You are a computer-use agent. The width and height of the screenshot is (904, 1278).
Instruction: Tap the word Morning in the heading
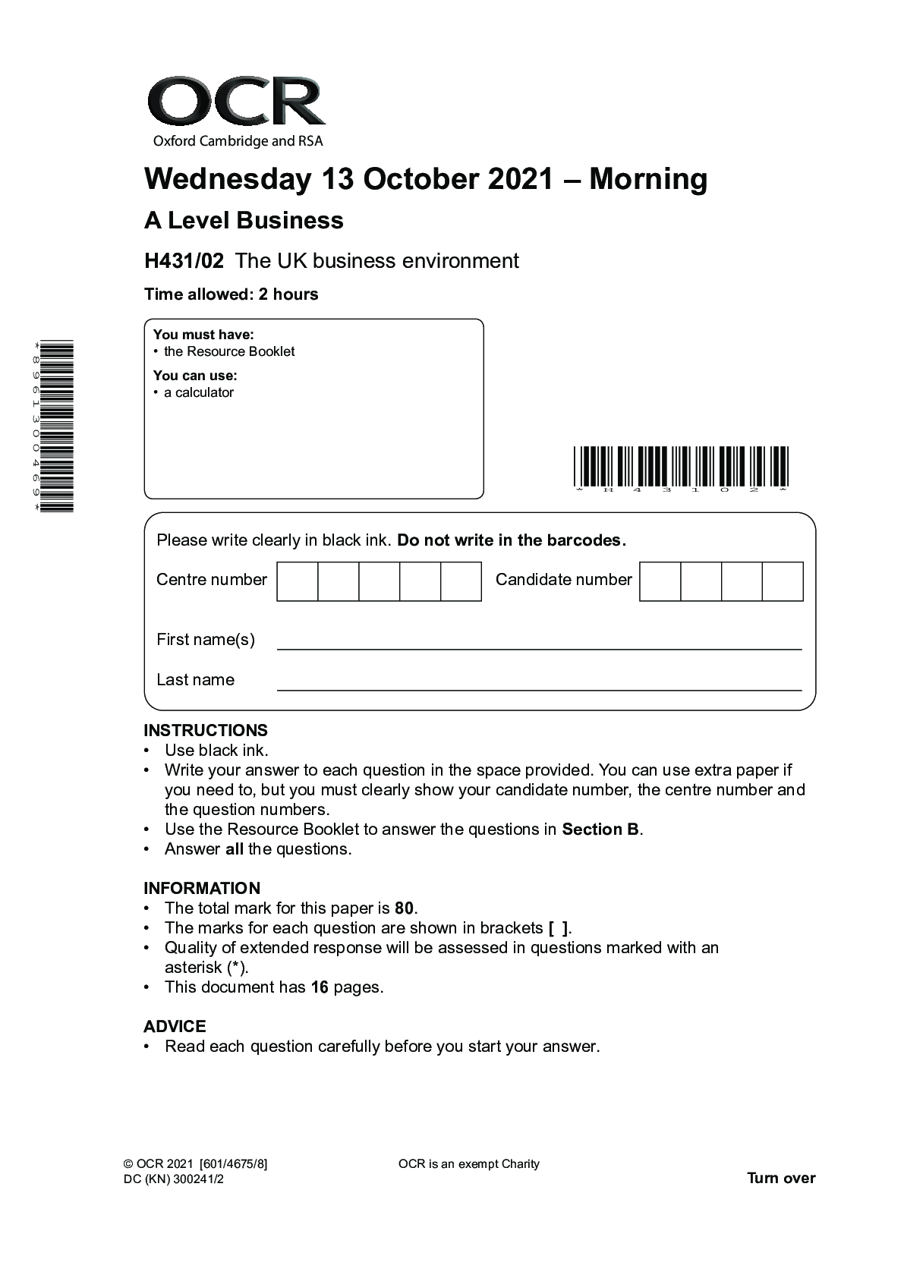coord(648,180)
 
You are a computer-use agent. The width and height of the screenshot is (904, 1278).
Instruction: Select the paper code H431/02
coord(184,261)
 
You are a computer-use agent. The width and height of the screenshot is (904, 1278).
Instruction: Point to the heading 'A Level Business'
coord(244,221)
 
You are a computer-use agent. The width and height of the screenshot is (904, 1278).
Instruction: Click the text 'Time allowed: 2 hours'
coord(231,294)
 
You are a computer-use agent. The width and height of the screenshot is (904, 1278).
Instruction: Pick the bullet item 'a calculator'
coord(199,392)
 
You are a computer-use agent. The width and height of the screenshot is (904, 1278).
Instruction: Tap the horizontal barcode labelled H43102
coord(681,467)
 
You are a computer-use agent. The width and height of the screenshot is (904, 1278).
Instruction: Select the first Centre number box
coord(298,581)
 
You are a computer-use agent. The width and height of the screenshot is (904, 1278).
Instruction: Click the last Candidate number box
coord(783,581)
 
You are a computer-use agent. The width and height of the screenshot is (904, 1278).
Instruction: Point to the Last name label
coord(195,680)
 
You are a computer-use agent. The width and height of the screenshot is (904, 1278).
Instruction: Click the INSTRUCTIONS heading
coord(206,731)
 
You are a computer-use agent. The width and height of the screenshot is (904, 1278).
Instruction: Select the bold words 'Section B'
coord(600,829)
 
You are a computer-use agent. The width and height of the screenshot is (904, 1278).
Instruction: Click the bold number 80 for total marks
coord(405,908)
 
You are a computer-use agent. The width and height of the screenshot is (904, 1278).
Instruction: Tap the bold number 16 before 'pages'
coord(320,987)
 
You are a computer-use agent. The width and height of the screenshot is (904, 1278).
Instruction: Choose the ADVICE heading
coord(175,1027)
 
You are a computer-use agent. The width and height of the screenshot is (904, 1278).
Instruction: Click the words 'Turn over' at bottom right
coord(781,1179)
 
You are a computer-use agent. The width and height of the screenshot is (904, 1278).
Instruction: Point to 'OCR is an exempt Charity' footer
coord(468,1164)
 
